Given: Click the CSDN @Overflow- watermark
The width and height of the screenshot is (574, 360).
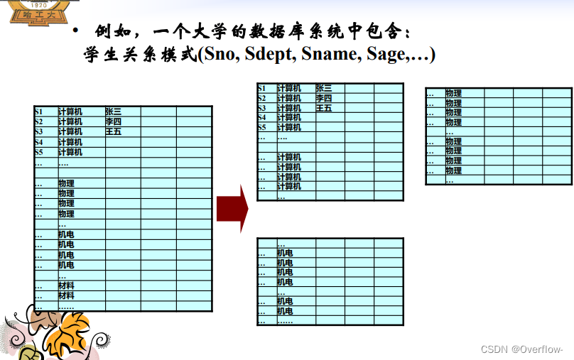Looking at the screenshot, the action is click(521, 349).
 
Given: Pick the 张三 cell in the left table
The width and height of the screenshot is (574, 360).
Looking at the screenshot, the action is click(114, 111).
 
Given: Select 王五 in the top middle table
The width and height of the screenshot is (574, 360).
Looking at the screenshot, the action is click(324, 108).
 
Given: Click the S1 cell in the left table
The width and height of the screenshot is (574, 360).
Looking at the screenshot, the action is click(38, 111).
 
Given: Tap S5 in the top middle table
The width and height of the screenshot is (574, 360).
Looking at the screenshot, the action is click(262, 127).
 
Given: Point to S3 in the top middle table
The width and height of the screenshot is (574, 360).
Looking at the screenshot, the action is click(262, 108).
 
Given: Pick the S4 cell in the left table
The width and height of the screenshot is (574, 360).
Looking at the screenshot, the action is click(38, 142).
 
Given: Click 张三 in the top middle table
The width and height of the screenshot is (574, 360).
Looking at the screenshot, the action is click(324, 88).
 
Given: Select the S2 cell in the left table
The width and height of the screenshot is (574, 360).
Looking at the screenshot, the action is click(38, 121).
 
